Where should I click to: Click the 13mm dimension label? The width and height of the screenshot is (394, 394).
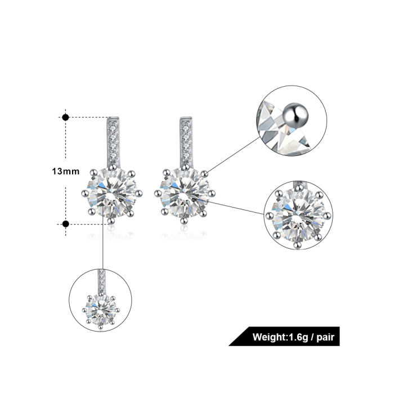pyautogui.click(x=66, y=171)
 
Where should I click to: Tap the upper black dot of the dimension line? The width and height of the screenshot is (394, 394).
pyautogui.click(x=66, y=117)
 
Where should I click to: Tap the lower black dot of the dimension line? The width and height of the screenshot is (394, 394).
pyautogui.click(x=66, y=224)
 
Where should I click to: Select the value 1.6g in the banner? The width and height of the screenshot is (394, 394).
pyautogui.click(x=298, y=337)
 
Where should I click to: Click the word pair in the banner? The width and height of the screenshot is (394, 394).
pyautogui.click(x=325, y=337)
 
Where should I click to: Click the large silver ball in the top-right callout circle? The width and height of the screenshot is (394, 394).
pyautogui.click(x=295, y=115)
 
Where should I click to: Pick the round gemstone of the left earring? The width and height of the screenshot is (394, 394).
pyautogui.click(x=112, y=194)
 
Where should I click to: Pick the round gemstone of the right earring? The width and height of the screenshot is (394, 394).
pyautogui.click(x=185, y=194)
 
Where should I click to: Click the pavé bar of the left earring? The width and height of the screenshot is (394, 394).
pyautogui.click(x=113, y=141)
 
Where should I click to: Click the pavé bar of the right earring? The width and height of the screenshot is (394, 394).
pyautogui.click(x=186, y=141)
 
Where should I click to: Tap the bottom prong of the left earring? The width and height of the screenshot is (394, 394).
pyautogui.click(x=111, y=221)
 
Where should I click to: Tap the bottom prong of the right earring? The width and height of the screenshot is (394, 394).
pyautogui.click(x=184, y=221)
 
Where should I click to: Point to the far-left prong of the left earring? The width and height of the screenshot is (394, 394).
pyautogui.click(x=85, y=194)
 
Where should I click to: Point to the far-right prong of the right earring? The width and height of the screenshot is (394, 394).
pyautogui.click(x=212, y=194)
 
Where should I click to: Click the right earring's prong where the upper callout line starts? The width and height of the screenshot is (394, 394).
pyautogui.click(x=204, y=173)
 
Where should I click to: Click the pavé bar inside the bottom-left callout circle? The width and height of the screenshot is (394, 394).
pyautogui.click(x=102, y=281)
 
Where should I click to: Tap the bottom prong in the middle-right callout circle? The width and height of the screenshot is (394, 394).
pyautogui.click(x=298, y=244)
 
